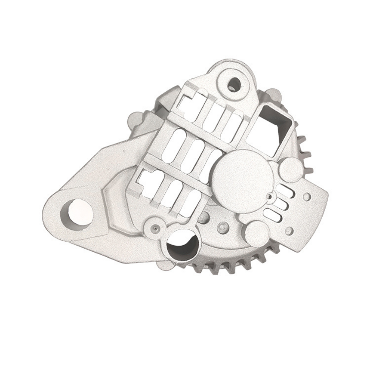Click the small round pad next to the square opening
[291, 169]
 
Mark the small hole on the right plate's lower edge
[289, 231]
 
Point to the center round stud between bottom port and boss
[222, 226]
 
